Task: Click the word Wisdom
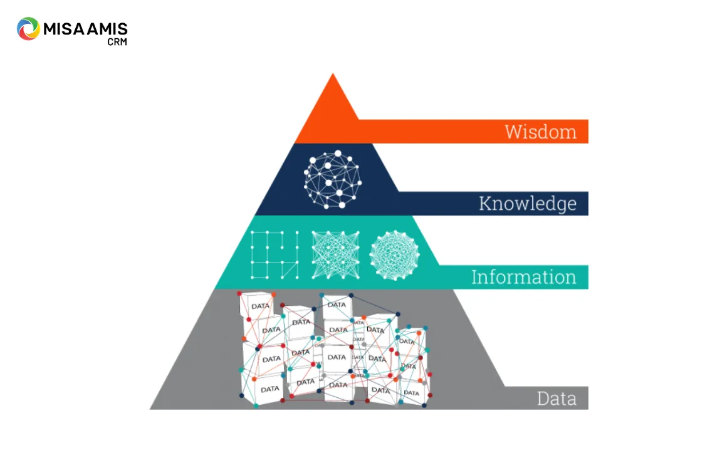(x=540, y=132)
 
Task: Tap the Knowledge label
(x=528, y=204)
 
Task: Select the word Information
(x=524, y=277)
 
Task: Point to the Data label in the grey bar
(x=556, y=399)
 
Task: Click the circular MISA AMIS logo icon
(x=28, y=29)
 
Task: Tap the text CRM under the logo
(x=117, y=42)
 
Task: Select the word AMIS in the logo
(x=107, y=29)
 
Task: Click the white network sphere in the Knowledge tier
(x=333, y=179)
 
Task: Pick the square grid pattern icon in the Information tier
(x=274, y=255)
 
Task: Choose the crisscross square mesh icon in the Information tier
(x=335, y=255)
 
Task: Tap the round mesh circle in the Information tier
(x=394, y=256)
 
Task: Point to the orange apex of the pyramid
(x=333, y=74)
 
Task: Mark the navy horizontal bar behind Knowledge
(x=493, y=204)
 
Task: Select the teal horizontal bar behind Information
(x=513, y=277)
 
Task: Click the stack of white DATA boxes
(x=335, y=350)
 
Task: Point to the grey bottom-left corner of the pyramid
(x=150, y=409)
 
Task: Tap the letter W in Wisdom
(x=513, y=132)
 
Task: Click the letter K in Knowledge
(x=485, y=203)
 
